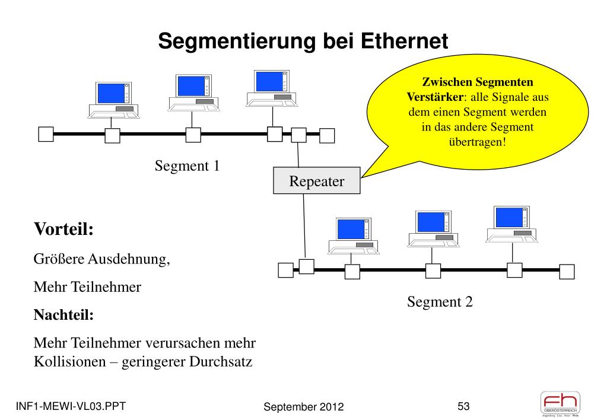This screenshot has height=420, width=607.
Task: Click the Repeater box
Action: click(316, 182)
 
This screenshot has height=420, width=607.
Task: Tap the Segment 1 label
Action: click(187, 166)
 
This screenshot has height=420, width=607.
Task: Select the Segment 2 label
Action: click(440, 302)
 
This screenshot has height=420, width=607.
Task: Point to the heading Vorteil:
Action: click(64, 229)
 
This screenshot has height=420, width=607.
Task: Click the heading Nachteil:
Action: click(64, 315)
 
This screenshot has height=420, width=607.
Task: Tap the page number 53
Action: click(463, 406)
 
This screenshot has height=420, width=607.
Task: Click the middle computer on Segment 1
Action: click(192, 93)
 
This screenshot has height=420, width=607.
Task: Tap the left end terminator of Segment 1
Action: click(46, 134)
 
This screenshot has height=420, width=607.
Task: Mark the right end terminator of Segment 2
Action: click(567, 271)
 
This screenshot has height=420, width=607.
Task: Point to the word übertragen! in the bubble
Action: click(478, 142)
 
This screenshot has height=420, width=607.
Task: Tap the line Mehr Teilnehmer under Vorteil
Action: click(87, 288)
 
